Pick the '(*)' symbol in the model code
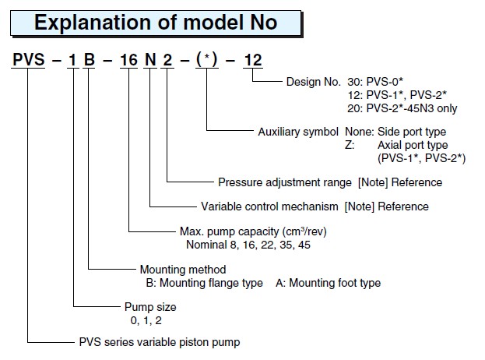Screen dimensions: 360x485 coord(208,59)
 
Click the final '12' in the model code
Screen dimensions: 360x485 coord(254,59)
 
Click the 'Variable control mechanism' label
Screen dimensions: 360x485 coord(269,206)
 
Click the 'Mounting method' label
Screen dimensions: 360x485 coord(178,270)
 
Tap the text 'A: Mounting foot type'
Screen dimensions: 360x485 coord(328,283)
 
